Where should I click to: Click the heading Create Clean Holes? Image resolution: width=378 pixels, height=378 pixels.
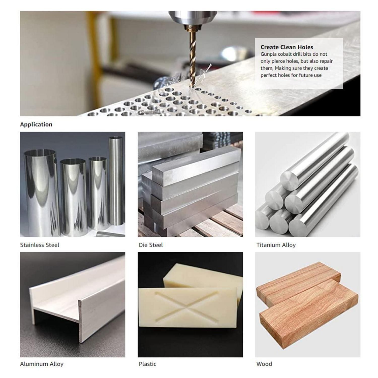tap(287, 47)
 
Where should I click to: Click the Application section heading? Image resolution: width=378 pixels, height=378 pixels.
tap(36, 124)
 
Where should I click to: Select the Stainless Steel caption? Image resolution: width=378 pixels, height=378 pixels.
tap(40, 245)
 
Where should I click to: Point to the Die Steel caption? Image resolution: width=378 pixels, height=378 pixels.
tap(151, 245)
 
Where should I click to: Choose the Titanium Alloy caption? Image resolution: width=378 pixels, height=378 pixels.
tap(276, 245)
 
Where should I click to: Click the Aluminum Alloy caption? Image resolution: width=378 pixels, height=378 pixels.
tap(42, 364)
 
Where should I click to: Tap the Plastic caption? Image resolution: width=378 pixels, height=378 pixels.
tap(147, 364)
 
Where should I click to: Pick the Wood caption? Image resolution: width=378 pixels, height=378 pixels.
tap(264, 364)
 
